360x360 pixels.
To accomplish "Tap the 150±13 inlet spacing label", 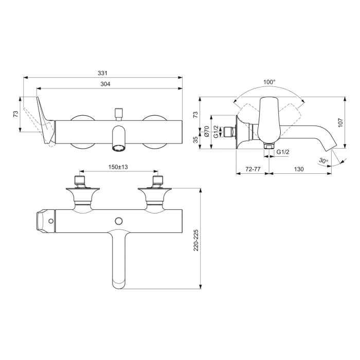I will pos(117,167).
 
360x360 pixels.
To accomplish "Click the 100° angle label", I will pos(269,82).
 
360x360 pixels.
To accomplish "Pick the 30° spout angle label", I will pos(322,161).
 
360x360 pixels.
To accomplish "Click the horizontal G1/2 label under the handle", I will pos(282,152).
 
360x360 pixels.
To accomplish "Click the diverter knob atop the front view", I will pos(119,111).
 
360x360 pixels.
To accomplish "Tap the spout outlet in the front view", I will pos(119,149).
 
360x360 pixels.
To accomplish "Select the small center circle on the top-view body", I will pos(119,221).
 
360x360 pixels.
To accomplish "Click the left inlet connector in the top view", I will pos(79,179).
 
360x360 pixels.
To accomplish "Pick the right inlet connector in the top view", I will pos(157,179).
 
